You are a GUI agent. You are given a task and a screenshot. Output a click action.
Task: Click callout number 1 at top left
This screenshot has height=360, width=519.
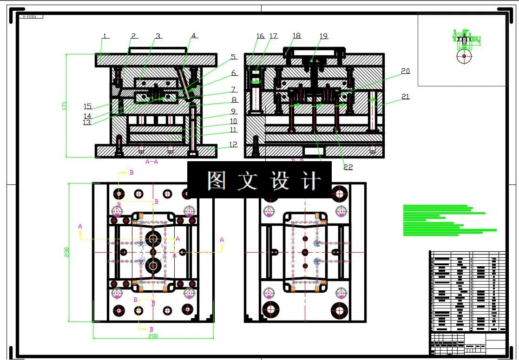[105, 36]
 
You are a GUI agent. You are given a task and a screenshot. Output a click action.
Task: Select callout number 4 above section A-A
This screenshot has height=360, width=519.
[194, 35]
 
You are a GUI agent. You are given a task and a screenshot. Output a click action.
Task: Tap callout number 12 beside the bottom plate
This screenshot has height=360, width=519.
[233, 144]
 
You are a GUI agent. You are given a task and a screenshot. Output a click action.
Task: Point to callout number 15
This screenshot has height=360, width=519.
[87, 106]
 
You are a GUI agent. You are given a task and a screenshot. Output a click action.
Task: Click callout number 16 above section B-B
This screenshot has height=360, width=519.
[260, 36]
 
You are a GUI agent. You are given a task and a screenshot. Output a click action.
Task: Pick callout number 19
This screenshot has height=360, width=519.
[323, 36]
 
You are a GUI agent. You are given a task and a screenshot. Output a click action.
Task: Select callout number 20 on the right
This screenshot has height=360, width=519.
[405, 71]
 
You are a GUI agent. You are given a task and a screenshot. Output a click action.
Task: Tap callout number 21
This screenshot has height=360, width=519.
[405, 97]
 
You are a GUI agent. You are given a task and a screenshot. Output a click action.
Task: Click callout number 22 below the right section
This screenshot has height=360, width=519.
[348, 167]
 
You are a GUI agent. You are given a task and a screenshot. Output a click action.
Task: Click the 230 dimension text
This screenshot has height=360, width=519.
[66, 252]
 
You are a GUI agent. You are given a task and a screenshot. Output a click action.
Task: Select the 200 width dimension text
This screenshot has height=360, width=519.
[153, 335]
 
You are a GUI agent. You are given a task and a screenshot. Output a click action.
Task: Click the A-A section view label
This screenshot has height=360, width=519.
[151, 162]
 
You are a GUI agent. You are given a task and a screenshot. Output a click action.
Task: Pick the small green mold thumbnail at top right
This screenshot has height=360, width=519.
[464, 46]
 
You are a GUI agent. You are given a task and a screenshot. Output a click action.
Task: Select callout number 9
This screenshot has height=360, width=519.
[233, 111]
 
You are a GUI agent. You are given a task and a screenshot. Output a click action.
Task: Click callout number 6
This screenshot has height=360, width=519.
[234, 73]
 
